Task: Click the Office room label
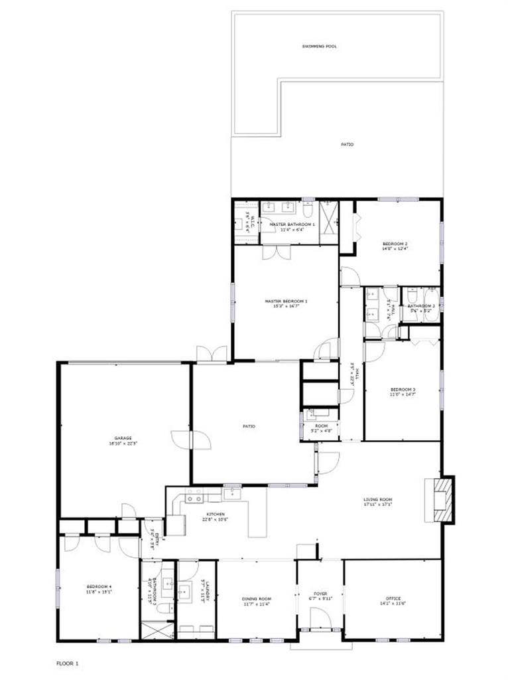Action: click(392, 601)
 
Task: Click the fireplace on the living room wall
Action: click(441, 499)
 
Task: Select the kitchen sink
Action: click(194, 497)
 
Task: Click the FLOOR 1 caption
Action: click(67, 663)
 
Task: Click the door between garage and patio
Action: click(182, 440)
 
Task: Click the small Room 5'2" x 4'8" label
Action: click(321, 427)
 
